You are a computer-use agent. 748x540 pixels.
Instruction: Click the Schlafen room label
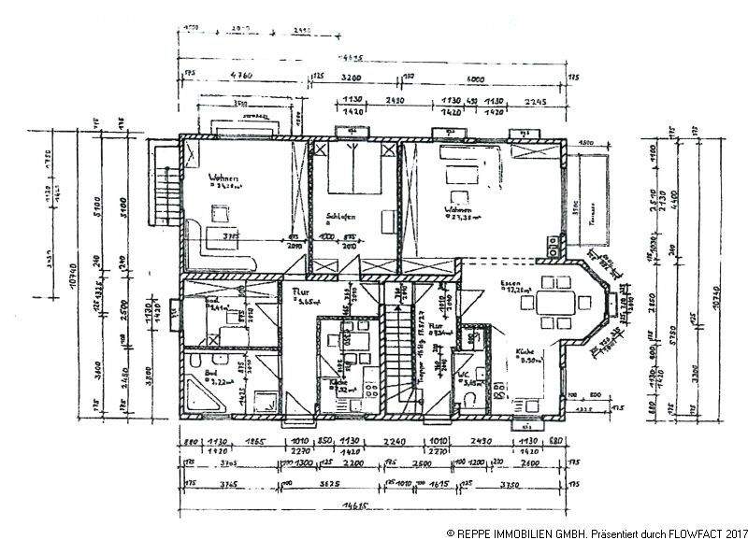338,216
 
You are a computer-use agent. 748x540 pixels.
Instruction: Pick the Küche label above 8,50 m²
525,354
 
